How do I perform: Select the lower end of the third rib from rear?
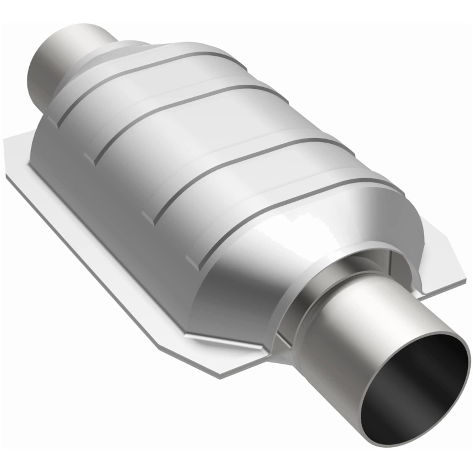(x=150, y=218)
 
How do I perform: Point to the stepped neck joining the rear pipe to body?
(x=103, y=55)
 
